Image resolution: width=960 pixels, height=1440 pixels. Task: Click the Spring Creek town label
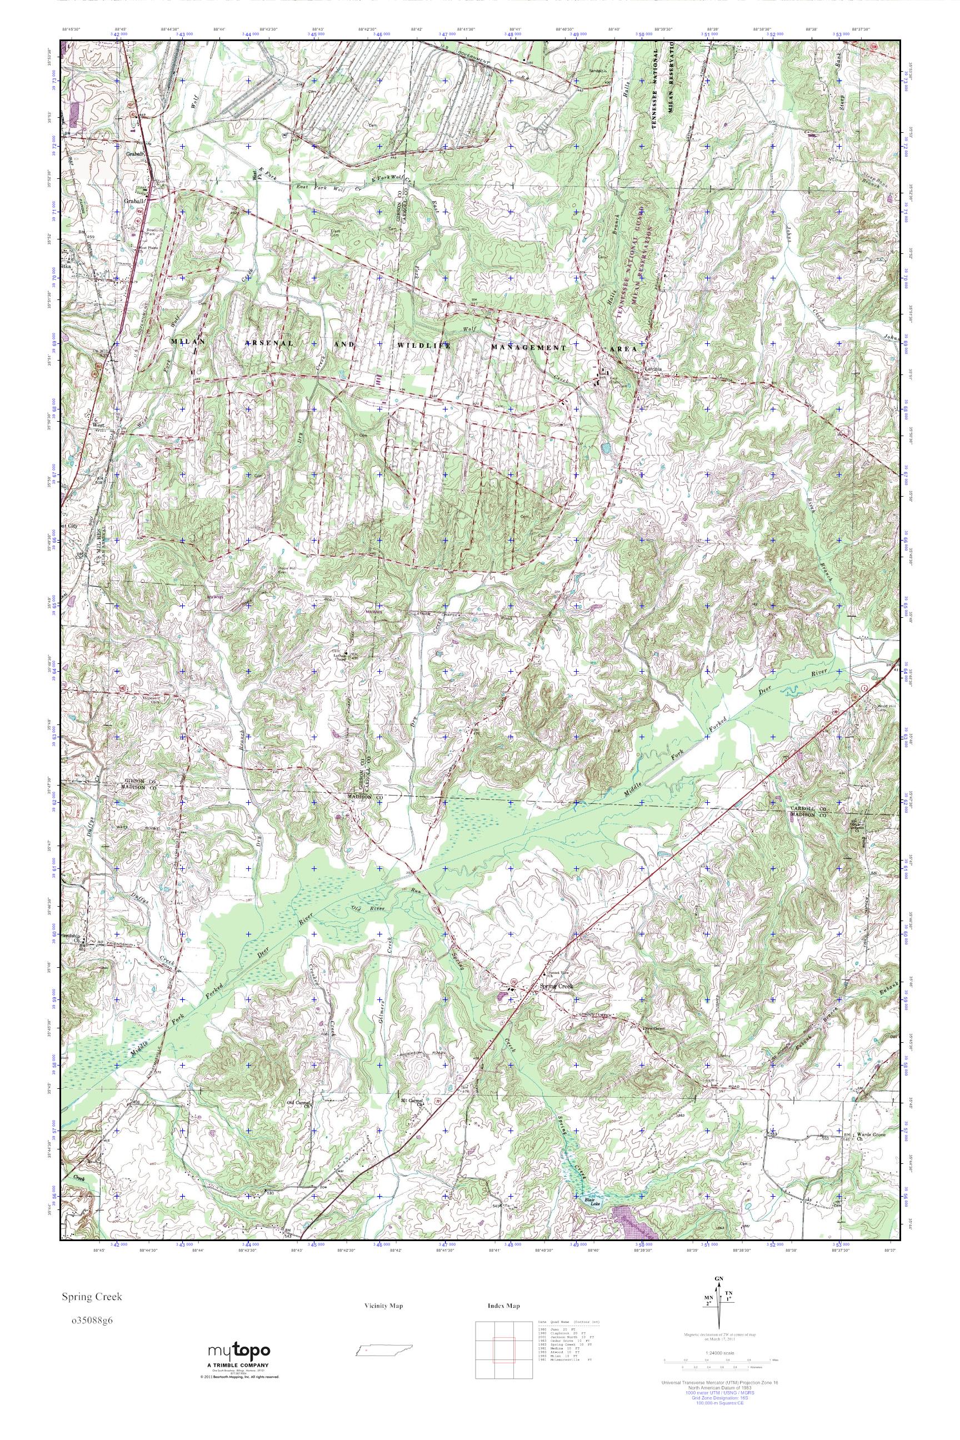coord(557,986)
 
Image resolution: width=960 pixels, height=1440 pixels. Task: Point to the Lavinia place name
coord(649,369)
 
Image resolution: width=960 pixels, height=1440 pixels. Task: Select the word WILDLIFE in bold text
coord(424,346)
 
